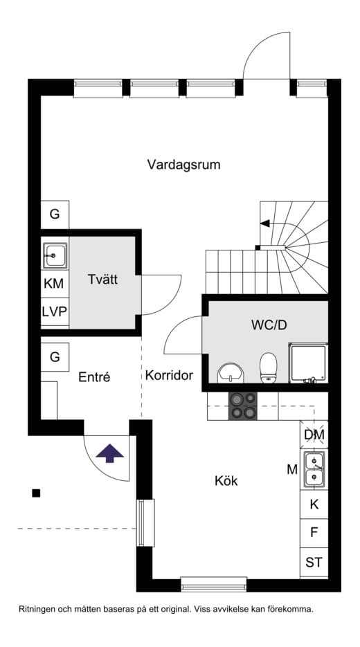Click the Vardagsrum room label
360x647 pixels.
point(183,165)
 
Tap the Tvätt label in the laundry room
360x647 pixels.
point(103,280)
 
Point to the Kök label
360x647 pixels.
point(226,480)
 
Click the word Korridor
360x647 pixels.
point(169,376)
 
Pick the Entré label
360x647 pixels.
point(95,377)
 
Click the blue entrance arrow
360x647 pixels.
point(109,454)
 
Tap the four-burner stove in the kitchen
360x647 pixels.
point(243,405)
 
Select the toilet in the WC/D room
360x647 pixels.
point(268,366)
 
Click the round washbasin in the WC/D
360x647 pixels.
point(231,372)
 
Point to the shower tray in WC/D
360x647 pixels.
point(307,364)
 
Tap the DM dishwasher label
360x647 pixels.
point(314,435)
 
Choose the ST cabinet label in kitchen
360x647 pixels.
point(314,563)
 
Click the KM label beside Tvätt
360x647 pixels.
point(54,283)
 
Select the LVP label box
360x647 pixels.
point(54,311)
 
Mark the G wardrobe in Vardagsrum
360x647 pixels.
point(54,215)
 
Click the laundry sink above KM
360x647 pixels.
point(54,255)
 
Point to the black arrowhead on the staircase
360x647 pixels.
point(264,223)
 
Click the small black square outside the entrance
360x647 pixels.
point(36,493)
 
